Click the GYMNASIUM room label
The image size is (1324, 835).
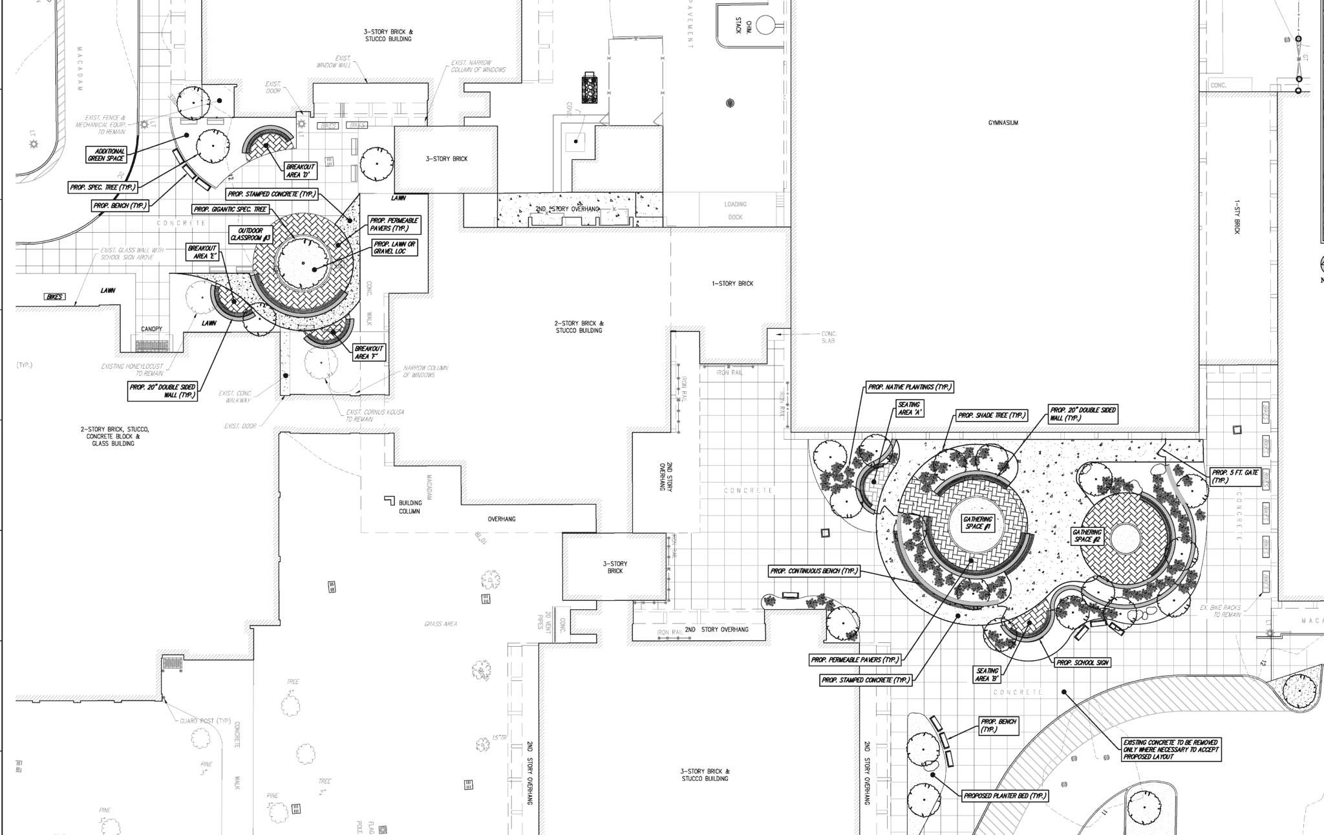(x=1003, y=123)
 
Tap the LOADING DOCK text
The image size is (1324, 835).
(x=735, y=211)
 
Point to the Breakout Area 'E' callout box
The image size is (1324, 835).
(x=202, y=252)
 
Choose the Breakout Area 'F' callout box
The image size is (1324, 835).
(x=369, y=352)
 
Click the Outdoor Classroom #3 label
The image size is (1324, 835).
(x=250, y=235)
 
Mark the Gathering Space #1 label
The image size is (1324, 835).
(x=977, y=523)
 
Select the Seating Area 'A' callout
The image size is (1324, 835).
(x=909, y=408)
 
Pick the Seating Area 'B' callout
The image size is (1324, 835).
(x=988, y=675)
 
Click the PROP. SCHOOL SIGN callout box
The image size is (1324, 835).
(x=1082, y=663)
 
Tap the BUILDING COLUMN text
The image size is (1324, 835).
(x=409, y=507)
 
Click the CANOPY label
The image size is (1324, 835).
(x=152, y=329)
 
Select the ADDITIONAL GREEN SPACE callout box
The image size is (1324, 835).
(x=106, y=155)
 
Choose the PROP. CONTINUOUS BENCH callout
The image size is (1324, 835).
(x=814, y=572)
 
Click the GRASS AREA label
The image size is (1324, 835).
(x=441, y=624)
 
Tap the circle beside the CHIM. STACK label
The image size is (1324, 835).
(x=765, y=25)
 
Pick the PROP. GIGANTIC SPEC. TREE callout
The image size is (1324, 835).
(x=231, y=210)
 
